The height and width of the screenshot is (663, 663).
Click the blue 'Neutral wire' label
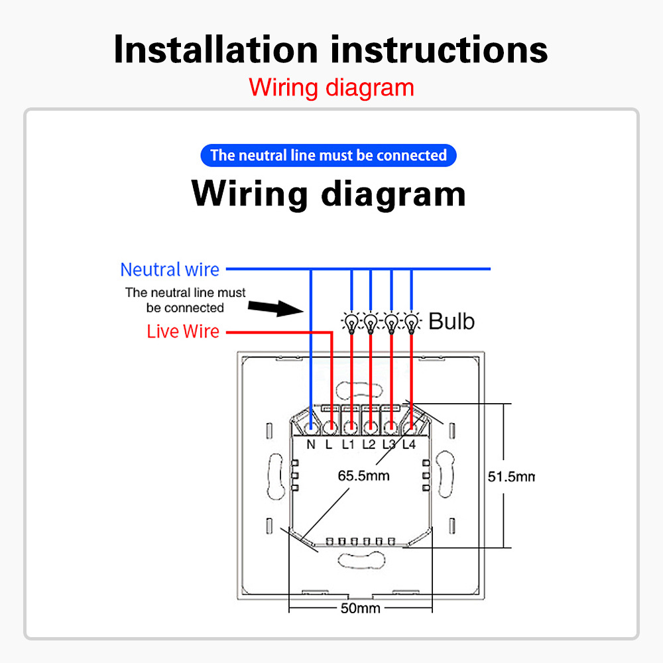point(170,270)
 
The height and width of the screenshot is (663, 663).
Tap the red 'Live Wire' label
point(183,331)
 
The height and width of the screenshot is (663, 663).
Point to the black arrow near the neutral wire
point(272,307)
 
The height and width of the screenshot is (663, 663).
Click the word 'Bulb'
point(452,322)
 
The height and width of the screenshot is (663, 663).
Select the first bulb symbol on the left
point(351,323)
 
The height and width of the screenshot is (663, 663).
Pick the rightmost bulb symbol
point(412,323)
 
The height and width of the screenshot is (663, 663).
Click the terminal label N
point(311,444)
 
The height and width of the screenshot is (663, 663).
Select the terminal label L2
point(369,444)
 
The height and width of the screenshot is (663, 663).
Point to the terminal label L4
point(408,444)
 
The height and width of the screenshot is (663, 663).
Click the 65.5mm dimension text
point(363,475)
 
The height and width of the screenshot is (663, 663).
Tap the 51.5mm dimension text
point(511,476)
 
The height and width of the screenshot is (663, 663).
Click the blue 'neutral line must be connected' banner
point(328,156)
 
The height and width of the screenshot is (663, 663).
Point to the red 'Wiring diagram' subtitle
point(331,88)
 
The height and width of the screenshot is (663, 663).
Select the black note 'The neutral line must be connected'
point(186,300)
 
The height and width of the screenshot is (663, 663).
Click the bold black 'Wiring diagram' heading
point(329,194)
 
